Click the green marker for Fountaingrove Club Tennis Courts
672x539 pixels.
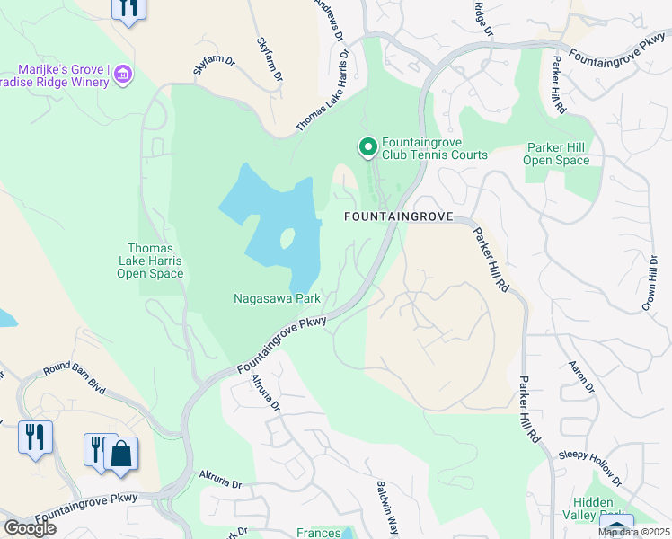pyautogui.click(x=367, y=146)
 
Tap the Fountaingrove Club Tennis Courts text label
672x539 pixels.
pyautogui.click(x=434, y=148)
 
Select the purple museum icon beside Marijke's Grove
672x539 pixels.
pyautogui.click(x=124, y=72)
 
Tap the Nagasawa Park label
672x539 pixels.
pyautogui.click(x=277, y=297)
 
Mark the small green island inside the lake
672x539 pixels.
pyautogui.click(x=287, y=239)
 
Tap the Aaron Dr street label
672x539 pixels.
pyautogui.click(x=580, y=376)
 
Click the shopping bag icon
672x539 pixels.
pyautogui.click(x=120, y=454)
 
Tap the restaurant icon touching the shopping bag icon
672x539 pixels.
pyautogui.click(x=98, y=447)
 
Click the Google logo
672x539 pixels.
pyautogui.click(x=29, y=528)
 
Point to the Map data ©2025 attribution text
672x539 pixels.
pyautogui.click(x=633, y=532)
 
